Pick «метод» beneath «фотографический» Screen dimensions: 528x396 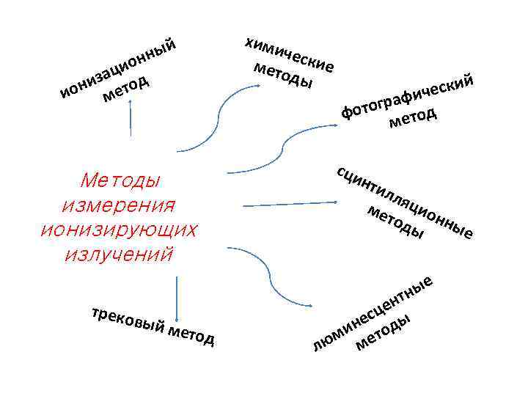coord(413,117)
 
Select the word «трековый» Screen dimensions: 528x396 coord(125,320)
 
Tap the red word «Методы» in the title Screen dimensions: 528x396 coord(122,180)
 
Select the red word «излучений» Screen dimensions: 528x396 coord(120,254)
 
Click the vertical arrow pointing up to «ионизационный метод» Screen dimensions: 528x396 coord(131,117)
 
